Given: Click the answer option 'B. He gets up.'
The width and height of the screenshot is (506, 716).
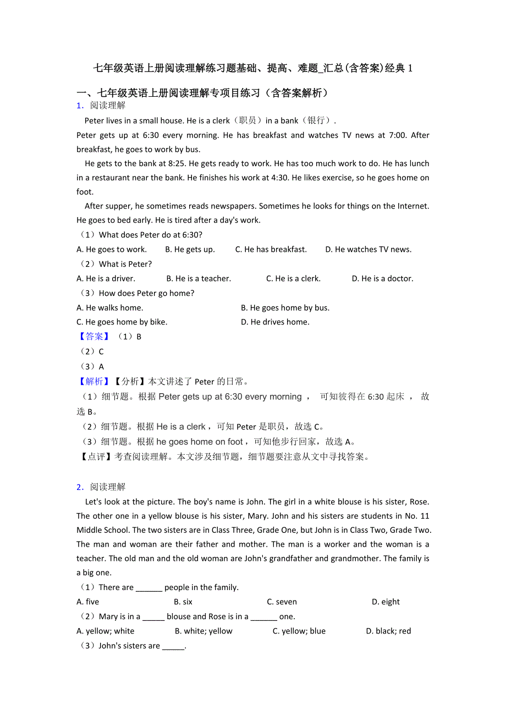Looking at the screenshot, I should coord(190,250).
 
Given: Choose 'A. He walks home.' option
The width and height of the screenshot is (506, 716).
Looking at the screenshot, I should coord(110,308).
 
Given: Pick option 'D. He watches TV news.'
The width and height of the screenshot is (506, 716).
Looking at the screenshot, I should coord(368,250).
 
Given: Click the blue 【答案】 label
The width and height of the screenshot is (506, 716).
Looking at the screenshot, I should coord(94,337).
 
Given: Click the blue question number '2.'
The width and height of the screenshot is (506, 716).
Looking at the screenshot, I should coord(80,487).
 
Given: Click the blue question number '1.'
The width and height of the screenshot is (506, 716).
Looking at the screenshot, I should coord(80,106).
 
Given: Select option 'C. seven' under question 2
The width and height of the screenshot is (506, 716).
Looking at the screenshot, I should coord(282,602).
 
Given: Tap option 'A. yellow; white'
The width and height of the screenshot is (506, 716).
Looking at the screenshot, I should coord(106,631).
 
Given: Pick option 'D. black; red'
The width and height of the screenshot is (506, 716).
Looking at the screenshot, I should coord(388,631).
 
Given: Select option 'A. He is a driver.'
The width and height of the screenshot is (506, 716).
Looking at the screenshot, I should coord(106,279).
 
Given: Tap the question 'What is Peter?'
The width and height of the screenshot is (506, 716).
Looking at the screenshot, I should coord(125,265).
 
